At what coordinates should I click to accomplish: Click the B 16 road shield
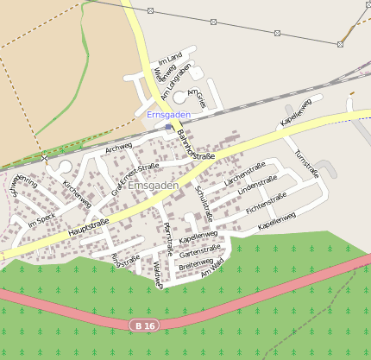click(x=144, y=325)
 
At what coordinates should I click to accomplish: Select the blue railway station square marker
click(x=168, y=127)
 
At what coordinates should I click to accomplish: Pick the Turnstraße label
click(x=306, y=163)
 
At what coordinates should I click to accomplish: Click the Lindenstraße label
click(x=257, y=186)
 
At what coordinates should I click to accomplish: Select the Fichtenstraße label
click(x=266, y=203)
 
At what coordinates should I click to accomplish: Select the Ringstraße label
click(x=126, y=259)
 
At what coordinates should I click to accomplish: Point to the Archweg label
click(x=118, y=148)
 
